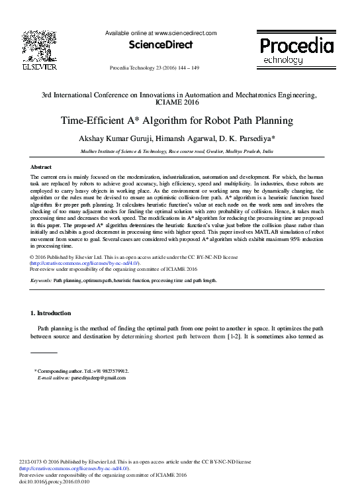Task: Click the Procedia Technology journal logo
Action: click(x=296, y=50)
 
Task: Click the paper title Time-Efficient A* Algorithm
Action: click(x=180, y=121)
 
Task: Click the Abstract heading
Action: click(x=42, y=168)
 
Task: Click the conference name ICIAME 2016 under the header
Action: click(x=180, y=103)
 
